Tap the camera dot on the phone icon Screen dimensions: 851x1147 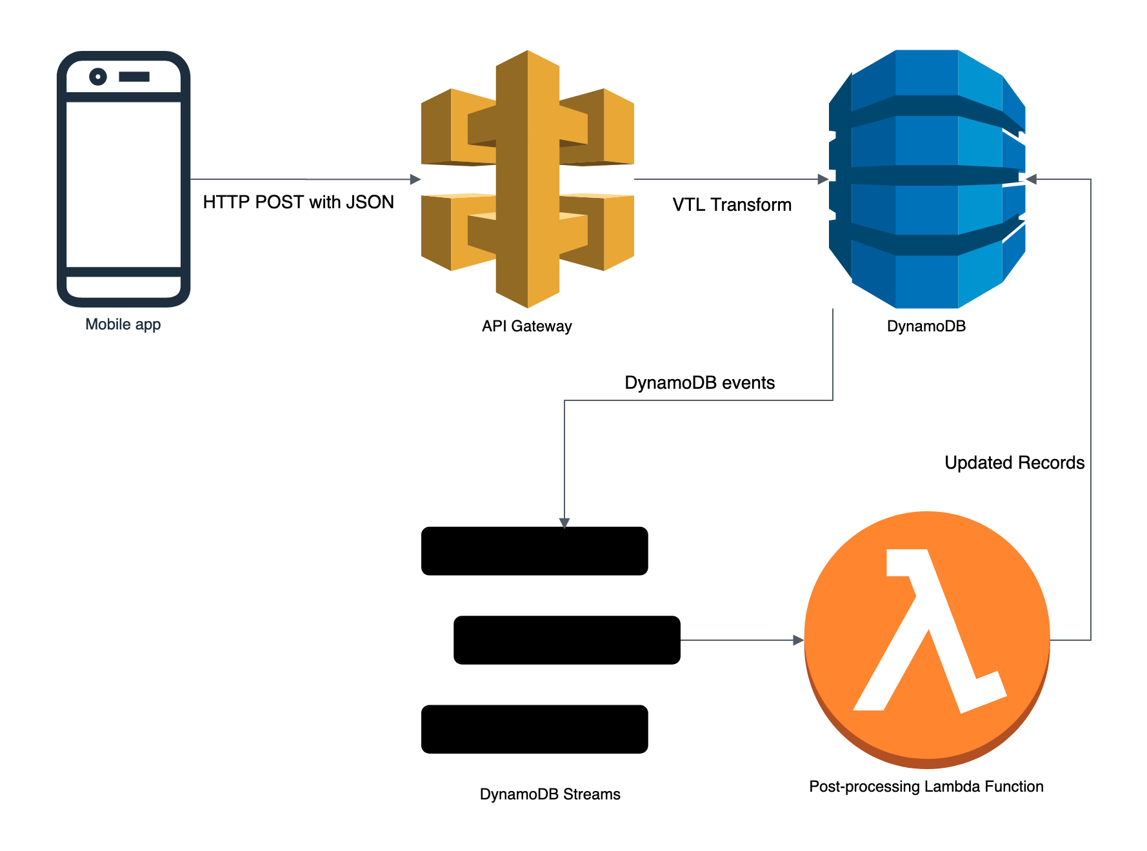pos(98,77)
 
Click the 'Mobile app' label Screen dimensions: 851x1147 pos(123,324)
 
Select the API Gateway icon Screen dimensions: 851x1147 pos(527,179)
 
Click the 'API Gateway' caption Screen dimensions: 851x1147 pos(526,326)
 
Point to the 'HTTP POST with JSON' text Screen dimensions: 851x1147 pos(298,202)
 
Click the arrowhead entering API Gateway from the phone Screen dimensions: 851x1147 pos(415,179)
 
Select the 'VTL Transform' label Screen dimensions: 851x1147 pos(732,205)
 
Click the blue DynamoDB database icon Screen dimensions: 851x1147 pos(926,179)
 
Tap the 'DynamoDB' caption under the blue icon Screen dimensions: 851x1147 pos(926,326)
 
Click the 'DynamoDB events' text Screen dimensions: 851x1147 pos(699,383)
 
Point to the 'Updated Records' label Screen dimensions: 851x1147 pos(1014,463)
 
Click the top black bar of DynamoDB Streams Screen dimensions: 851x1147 pos(534,551)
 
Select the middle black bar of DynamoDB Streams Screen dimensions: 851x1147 pos(566,640)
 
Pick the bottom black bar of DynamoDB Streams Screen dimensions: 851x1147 pos(534,729)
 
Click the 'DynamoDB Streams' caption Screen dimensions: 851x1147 pos(550,794)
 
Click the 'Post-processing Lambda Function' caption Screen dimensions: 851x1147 pos(926,787)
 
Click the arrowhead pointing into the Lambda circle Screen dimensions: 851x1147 pos(799,640)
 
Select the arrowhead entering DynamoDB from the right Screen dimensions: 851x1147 pos(1031,179)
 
